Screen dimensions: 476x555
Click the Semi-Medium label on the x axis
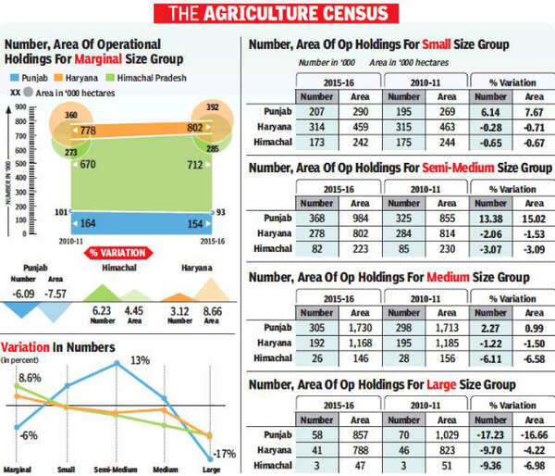point(117,469)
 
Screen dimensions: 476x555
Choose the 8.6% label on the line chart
point(30,379)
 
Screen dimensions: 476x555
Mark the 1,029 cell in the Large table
point(441,435)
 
